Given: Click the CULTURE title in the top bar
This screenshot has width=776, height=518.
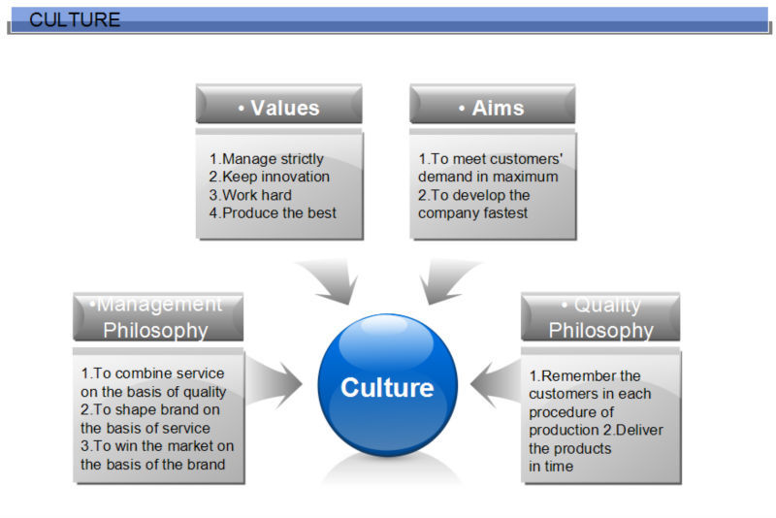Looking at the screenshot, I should (75, 19).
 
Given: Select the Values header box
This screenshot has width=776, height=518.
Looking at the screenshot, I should (278, 108).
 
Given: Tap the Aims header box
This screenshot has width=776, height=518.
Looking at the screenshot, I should (492, 108).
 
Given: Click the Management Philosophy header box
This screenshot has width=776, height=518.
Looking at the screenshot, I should (157, 317).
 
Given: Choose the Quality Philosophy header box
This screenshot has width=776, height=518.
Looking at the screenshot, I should (600, 317).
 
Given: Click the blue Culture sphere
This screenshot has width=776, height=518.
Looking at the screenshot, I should (387, 387).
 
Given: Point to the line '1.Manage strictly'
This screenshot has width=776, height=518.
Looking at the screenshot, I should (266, 159).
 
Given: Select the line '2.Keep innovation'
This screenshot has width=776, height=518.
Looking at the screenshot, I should (269, 177).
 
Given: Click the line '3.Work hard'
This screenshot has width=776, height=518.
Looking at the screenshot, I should (250, 195).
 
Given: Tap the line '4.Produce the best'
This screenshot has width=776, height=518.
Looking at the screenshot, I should (273, 212).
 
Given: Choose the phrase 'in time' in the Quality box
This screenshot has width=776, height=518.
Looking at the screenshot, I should (551, 467).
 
